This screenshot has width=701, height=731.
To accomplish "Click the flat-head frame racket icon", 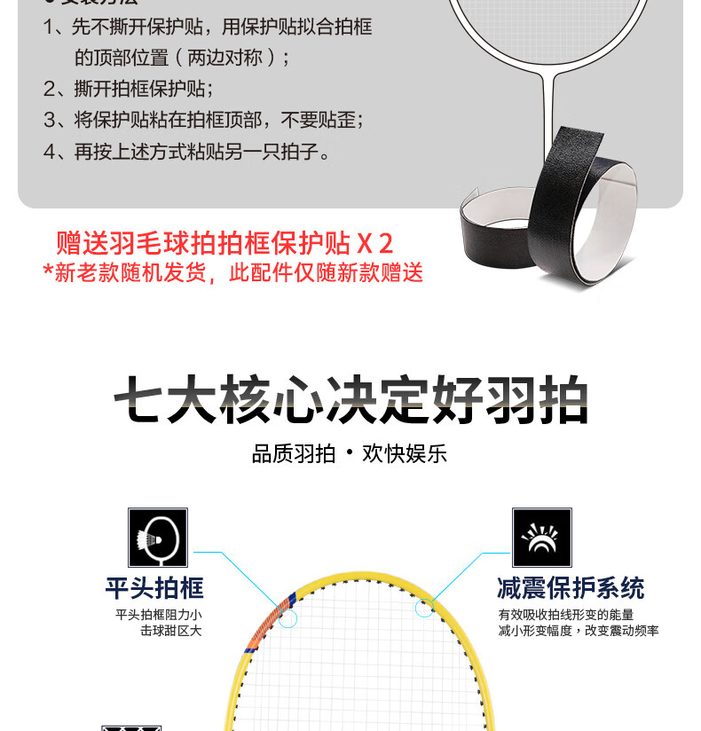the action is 158,537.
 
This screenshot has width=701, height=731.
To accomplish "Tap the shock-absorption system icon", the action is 541,537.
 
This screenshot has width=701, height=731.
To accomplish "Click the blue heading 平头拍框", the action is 154,588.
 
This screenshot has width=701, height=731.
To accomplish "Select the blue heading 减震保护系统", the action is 571,588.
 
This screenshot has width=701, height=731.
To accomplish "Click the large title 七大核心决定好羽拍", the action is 350,399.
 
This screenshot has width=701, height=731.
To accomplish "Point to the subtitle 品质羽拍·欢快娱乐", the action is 350,453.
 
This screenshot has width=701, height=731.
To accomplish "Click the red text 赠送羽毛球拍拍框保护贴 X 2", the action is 224,243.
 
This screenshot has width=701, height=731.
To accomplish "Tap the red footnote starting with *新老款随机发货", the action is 232,272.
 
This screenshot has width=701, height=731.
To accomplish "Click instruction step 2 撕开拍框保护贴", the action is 129,89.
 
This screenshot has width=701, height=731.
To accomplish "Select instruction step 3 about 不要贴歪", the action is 203,120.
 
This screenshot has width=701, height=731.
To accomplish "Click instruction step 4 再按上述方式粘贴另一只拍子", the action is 186,152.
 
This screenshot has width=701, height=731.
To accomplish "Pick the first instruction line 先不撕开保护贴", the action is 208,27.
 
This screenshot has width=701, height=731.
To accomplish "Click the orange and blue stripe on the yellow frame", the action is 272,620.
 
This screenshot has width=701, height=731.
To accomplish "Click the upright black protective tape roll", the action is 582,205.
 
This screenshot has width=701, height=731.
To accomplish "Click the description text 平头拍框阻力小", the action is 159,615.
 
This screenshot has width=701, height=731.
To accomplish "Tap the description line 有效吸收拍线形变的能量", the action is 566,615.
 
